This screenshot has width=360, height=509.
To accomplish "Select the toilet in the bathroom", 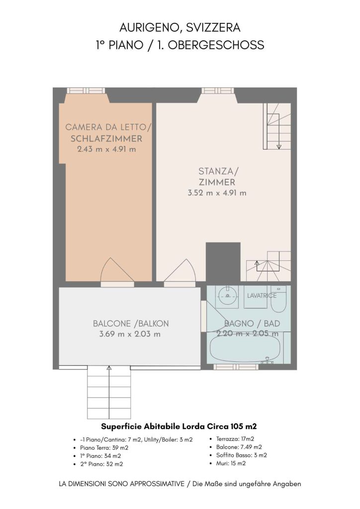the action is [x=278, y=299].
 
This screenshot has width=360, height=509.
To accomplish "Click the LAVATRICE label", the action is [x=262, y=296].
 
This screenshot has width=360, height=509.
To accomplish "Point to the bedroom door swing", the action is [x=117, y=270].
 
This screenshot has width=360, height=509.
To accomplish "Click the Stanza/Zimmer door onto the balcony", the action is [x=180, y=271].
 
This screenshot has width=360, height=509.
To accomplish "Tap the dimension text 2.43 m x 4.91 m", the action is [x=106, y=149].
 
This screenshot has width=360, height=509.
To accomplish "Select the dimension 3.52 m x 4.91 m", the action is [x=217, y=193].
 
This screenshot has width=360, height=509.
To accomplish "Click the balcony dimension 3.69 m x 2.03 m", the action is [x=130, y=334].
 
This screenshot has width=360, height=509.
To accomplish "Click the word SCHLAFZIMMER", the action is [x=106, y=139].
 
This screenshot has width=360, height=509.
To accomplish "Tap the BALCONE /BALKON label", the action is [x=131, y=324].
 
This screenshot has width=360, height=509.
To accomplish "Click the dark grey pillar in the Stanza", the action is [x=223, y=261].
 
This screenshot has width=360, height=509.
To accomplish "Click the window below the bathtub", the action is [x=236, y=367].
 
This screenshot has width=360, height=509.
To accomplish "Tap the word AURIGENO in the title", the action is [x=150, y=28].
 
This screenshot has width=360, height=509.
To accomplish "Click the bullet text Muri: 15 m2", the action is [x=231, y=463].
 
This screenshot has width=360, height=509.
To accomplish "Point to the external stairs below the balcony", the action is [x=109, y=393].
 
